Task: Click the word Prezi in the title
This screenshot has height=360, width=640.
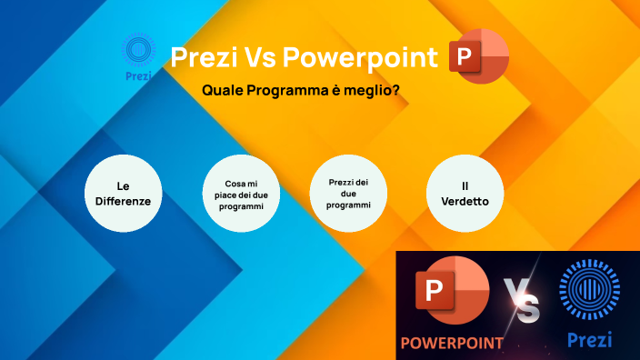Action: click(204, 57)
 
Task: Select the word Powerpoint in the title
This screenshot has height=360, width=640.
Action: click(360, 57)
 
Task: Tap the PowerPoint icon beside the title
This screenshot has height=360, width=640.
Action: click(479, 57)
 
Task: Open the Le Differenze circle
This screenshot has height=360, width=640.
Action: click(123, 193)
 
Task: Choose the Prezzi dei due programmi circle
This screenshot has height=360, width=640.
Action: click(350, 194)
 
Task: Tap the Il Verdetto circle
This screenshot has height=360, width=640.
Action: click(465, 193)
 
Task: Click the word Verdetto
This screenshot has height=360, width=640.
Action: click(465, 201)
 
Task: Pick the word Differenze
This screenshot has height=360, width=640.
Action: click(123, 201)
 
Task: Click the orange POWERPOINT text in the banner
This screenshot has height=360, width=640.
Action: click(453, 343)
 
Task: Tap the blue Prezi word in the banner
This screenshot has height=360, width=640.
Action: click(589, 340)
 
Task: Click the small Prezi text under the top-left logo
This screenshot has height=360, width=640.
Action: click(139, 75)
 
